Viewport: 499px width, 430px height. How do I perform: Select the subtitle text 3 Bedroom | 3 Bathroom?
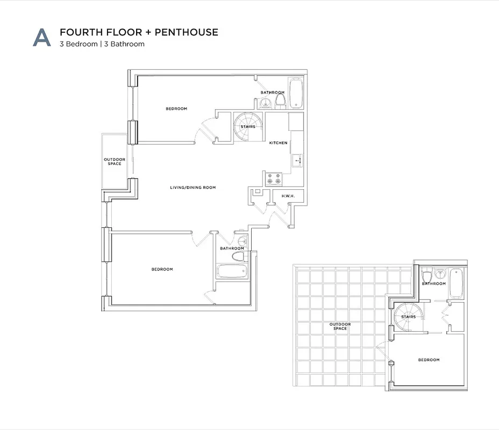tap(102, 44)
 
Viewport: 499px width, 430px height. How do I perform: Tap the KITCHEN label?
tap(279, 142)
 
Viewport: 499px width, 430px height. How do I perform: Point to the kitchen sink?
tap(297, 160)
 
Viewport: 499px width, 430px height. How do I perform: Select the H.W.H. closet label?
tap(288, 196)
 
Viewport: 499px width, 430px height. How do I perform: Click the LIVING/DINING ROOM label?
tap(193, 188)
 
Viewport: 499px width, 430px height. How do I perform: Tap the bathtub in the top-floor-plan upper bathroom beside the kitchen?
tap(296, 93)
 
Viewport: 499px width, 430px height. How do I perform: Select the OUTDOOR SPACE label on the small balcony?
tap(115, 161)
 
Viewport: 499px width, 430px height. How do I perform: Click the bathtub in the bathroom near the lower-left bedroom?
tap(232, 271)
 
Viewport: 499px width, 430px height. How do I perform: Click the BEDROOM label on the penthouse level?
tap(429, 360)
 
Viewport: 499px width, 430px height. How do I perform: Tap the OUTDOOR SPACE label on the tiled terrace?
tap(340, 326)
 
